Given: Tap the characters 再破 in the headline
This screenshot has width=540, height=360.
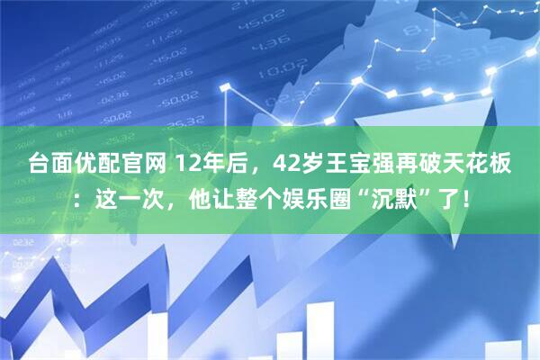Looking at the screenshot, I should pyautogui.click(x=428, y=165).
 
